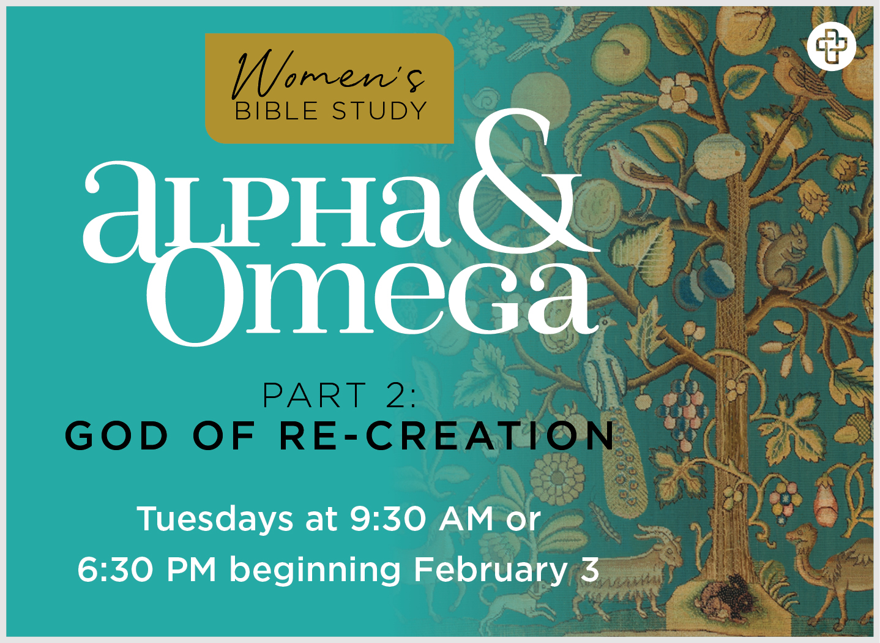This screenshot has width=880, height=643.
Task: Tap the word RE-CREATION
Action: [x=447, y=435]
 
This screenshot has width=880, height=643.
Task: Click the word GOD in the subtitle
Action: [x=116, y=435]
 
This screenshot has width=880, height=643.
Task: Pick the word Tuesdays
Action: [x=215, y=519]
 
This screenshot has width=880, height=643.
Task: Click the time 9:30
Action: [x=388, y=519]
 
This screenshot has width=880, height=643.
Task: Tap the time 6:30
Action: [x=115, y=570]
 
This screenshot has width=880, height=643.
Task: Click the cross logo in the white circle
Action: [x=832, y=46]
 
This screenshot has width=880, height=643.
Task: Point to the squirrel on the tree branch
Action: [x=782, y=255]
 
